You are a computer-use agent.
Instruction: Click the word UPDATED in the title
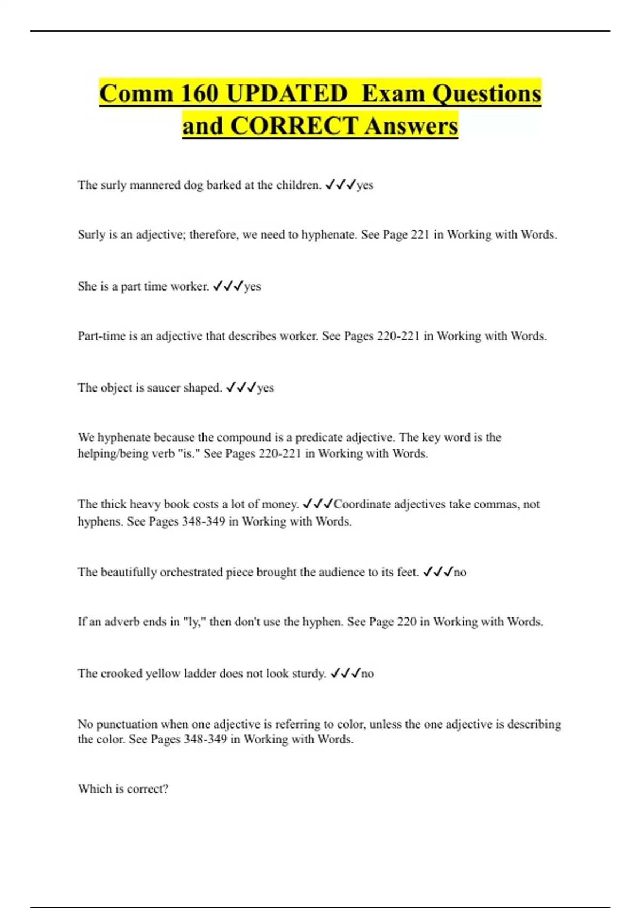tap(287, 93)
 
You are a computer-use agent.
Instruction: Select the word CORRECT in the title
tap(294, 126)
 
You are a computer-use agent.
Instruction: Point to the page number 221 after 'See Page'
tap(420, 234)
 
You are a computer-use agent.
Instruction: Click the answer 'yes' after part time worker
tap(252, 286)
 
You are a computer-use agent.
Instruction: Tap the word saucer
tap(163, 388)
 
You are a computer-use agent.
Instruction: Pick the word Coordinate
tap(362, 504)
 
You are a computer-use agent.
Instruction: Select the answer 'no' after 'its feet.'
tap(460, 572)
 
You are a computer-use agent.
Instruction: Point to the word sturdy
tap(308, 674)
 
